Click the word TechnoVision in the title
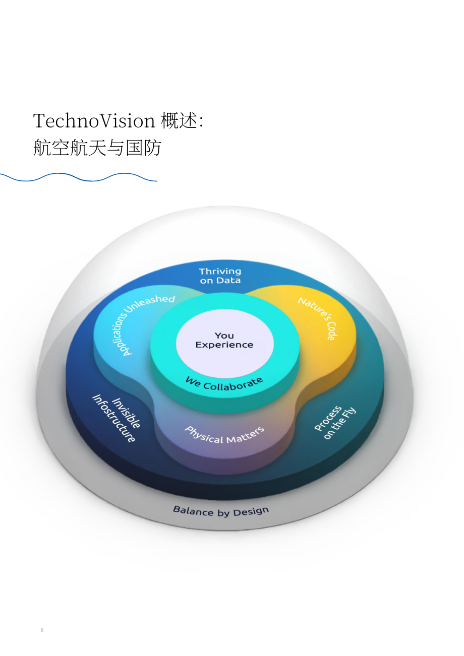tap(94, 120)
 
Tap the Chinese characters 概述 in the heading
tap(179, 120)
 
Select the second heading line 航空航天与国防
tap(97, 147)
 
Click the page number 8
tap(42, 630)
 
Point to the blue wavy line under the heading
tap(79, 177)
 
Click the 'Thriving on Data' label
tap(220, 276)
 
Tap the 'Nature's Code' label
tap(318, 318)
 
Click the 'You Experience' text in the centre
tap(224, 340)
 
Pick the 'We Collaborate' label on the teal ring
tap(224, 384)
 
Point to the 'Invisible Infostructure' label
tap(117, 418)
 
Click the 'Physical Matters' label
tap(224, 435)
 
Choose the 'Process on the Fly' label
tap(335, 423)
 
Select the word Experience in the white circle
tap(224, 345)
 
